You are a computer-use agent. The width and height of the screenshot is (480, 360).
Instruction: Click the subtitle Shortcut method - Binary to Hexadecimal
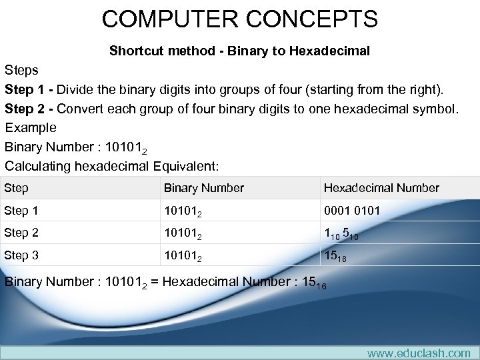point(239,51)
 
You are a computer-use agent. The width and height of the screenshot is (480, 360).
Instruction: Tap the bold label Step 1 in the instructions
point(29,89)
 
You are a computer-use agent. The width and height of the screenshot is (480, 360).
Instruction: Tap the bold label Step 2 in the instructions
point(29,109)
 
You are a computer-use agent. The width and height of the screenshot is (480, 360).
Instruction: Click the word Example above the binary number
point(31,127)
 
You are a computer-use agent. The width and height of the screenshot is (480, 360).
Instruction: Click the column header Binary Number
point(204,188)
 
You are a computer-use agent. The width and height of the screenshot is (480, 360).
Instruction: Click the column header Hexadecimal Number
point(381,188)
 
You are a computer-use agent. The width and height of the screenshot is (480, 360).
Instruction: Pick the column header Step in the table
point(16,188)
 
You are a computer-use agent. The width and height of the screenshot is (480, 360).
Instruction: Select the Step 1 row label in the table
point(21,211)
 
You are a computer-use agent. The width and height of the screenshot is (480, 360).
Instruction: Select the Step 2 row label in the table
point(21,233)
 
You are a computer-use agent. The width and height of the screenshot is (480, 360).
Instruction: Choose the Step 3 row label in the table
point(21,255)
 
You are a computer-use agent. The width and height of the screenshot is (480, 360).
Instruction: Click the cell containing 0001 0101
point(352,211)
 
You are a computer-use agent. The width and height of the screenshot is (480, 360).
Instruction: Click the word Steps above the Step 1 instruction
point(21,70)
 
